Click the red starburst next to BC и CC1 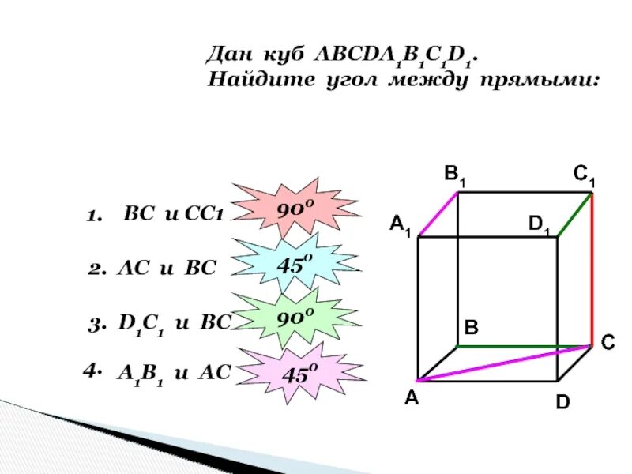(296, 211)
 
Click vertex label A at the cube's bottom (412, 399)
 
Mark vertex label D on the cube (562, 403)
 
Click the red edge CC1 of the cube (592, 269)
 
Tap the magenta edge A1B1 (438, 213)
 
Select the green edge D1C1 (575, 213)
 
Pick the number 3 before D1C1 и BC (93, 323)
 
